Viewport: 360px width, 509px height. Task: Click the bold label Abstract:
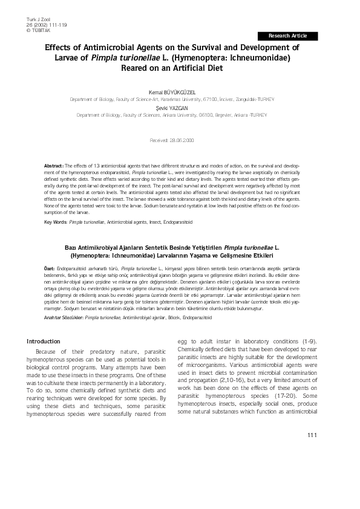pyautogui.click(x=55, y=165)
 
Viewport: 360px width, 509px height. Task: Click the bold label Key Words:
pyautogui.click(x=56, y=222)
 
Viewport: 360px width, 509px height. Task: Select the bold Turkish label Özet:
pyautogui.click(x=51, y=268)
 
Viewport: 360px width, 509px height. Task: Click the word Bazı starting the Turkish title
pyautogui.click(x=73, y=247)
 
